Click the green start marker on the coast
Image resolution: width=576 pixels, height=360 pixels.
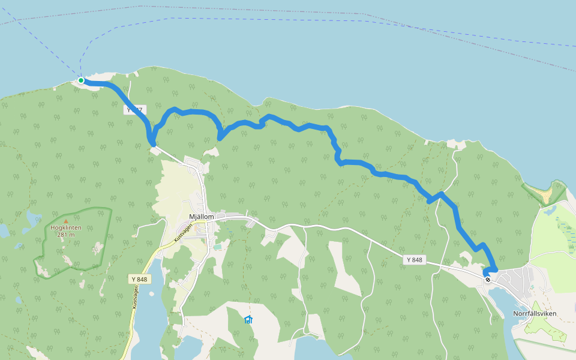click(x=81, y=80)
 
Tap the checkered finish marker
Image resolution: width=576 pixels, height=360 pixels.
click(x=488, y=278)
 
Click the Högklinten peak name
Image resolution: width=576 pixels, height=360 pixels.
click(x=66, y=228)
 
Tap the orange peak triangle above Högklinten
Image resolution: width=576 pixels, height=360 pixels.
click(x=66, y=221)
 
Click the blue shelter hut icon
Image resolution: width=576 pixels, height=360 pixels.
click(x=248, y=319)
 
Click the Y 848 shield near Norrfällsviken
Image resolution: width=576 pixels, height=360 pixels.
click(x=414, y=260)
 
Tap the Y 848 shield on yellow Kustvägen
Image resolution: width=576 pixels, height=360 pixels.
click(x=139, y=279)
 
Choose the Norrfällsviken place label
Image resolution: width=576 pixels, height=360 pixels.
click(x=535, y=313)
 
